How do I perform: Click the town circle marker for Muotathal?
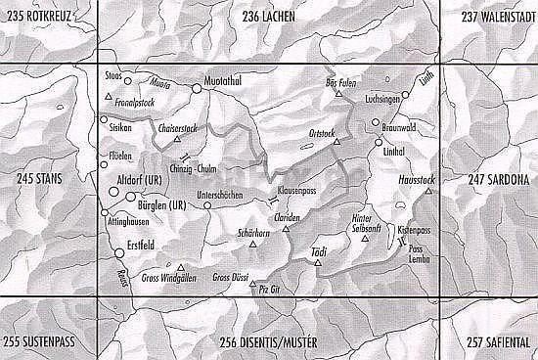[197, 88]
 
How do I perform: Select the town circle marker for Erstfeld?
[120, 254]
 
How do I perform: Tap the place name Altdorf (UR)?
[141, 182]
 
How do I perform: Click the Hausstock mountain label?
[415, 181]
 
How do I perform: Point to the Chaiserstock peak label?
[178, 127]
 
